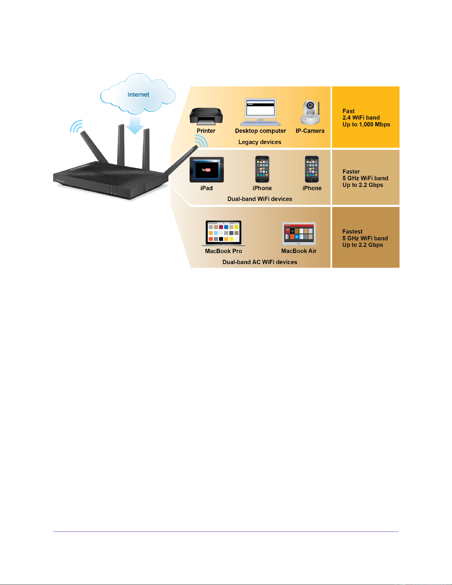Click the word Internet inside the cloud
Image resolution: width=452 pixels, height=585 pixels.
(138, 95)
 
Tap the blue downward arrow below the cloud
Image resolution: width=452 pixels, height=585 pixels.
(135, 124)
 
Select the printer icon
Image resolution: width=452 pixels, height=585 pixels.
(206, 117)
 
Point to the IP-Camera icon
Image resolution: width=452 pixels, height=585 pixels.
(310, 113)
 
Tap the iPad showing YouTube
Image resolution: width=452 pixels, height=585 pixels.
(207, 170)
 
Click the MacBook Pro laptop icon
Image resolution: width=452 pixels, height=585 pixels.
(224, 233)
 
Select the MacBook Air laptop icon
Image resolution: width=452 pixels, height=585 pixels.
(299, 234)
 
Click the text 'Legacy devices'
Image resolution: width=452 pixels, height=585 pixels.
(260, 142)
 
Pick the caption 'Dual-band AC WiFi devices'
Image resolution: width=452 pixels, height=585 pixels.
(260, 262)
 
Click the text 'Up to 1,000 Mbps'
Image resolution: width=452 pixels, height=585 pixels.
(366, 125)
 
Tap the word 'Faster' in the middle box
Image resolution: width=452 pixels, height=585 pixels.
(351, 172)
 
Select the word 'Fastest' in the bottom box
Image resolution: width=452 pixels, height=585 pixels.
(352, 232)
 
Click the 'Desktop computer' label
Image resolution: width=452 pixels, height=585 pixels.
(260, 131)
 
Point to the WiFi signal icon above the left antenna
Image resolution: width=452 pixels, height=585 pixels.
(76, 126)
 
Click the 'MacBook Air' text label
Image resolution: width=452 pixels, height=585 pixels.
(299, 251)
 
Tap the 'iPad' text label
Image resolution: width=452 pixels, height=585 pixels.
(207, 188)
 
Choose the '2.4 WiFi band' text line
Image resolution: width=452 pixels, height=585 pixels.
(361, 118)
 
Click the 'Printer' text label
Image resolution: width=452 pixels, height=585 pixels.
(206, 131)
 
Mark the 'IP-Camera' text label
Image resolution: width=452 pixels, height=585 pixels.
(310, 131)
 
